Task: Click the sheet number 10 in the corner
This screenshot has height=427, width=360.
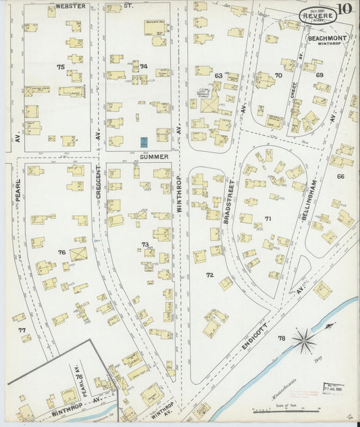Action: click(x=345, y=9)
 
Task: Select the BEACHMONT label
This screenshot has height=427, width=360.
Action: click(x=327, y=39)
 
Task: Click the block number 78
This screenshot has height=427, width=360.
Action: click(x=280, y=338)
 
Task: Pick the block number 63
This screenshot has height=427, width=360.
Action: click(x=218, y=76)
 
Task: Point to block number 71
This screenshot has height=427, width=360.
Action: click(x=267, y=219)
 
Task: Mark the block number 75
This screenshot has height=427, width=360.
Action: click(x=61, y=67)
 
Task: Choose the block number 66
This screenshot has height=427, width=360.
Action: click(x=340, y=176)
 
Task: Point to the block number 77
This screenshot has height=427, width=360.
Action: click(x=22, y=330)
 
